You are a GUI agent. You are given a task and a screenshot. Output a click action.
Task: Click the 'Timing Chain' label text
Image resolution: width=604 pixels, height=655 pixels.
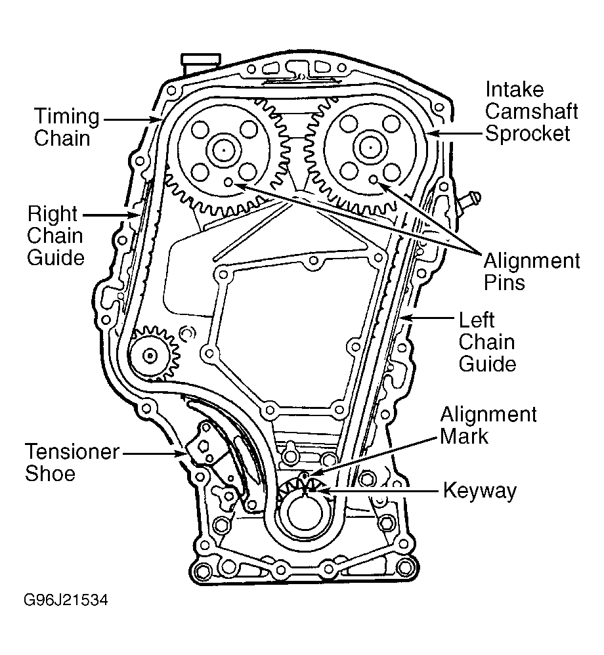(66, 128)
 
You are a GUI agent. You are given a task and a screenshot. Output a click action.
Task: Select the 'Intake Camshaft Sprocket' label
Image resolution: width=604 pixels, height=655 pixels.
(531, 112)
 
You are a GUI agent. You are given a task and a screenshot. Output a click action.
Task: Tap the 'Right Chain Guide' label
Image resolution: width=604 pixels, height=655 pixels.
(55, 236)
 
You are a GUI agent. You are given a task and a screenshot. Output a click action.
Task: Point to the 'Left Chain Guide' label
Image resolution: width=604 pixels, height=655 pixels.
(486, 342)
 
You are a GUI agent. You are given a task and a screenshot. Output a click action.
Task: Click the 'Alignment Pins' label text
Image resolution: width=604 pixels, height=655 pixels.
(532, 272)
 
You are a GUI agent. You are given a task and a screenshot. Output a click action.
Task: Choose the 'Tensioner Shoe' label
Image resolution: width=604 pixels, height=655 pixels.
(72, 462)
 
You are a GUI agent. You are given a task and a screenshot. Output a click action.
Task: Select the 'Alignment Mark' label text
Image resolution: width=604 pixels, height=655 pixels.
(488, 425)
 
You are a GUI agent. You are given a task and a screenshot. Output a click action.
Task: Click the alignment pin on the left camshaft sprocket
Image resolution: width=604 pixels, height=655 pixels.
(228, 182)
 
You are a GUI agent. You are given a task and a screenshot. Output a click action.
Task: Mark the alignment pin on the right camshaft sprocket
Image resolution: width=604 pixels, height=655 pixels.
(373, 179)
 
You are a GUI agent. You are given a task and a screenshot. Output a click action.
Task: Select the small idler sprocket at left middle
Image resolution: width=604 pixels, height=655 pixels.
(151, 355)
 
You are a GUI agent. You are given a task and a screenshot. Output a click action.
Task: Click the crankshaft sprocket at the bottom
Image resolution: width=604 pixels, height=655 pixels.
(303, 509)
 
